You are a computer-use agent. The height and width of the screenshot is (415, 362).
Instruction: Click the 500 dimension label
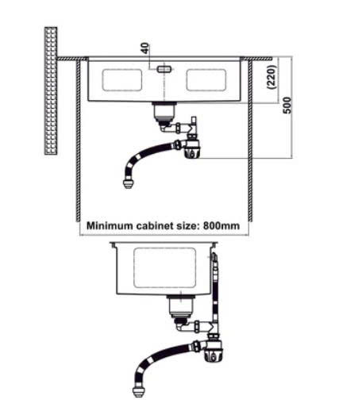[x=287, y=106]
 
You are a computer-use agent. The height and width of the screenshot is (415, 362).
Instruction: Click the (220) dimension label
[x=272, y=77]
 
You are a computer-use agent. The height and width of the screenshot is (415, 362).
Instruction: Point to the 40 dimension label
[x=145, y=48]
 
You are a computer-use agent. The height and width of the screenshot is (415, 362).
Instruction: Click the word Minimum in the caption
[x=110, y=226]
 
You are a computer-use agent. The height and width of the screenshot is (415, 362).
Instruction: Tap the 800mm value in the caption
[x=221, y=226]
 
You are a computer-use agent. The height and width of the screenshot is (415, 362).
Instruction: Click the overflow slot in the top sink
[x=164, y=69]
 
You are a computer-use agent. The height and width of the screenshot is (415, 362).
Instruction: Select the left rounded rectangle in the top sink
[x=121, y=80]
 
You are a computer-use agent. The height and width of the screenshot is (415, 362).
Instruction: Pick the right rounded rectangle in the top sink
[x=206, y=79]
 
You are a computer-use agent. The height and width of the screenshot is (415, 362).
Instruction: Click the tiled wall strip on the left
[x=51, y=90]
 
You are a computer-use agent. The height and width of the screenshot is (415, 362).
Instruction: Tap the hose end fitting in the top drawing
[x=129, y=183]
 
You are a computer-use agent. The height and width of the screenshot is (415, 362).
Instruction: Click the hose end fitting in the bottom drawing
[x=139, y=392]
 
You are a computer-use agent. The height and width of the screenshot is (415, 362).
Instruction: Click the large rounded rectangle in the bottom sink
[x=164, y=268]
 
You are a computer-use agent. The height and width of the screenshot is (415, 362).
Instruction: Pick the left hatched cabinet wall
[x=79, y=140]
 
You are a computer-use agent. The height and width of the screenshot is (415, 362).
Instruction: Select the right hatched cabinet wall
[x=250, y=140]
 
